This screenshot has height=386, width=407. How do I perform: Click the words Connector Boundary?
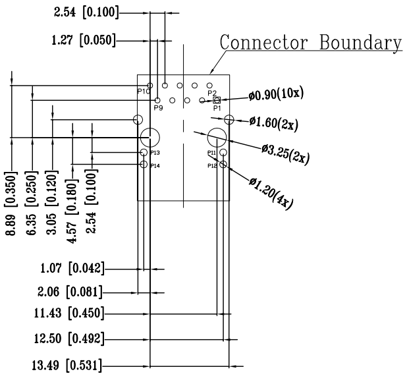click(310, 41)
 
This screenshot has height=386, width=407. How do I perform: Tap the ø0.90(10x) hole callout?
click(276, 95)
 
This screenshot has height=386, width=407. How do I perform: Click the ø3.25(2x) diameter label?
click(285, 153)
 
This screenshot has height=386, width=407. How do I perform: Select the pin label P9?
click(158, 107)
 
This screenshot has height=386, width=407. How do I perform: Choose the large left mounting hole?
click(150, 138)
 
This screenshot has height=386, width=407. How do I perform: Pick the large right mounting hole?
click(217, 138)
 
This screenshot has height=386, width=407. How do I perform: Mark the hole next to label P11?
click(224, 153)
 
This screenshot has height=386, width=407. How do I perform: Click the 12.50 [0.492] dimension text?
click(65, 339)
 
